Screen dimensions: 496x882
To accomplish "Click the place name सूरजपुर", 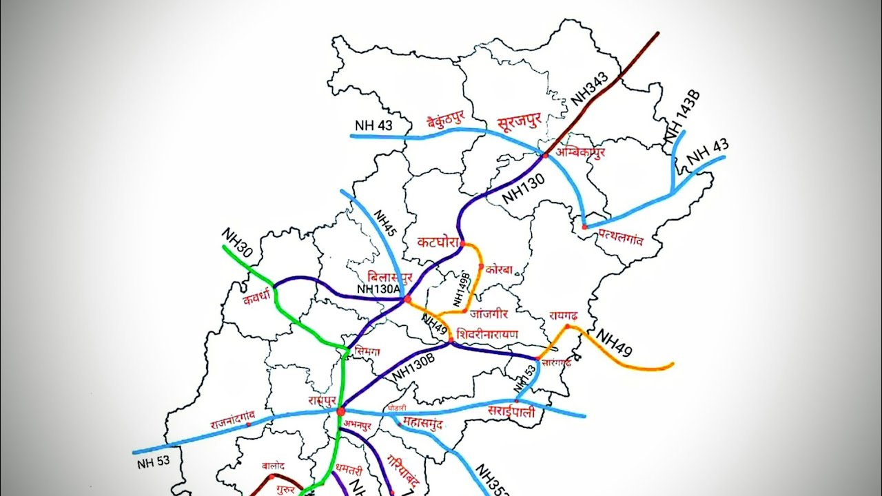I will pyautogui.click(x=520, y=123).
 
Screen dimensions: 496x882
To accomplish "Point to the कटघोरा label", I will pyautogui.click(x=440, y=242).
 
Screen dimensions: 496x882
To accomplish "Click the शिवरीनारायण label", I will pyautogui.click(x=487, y=334).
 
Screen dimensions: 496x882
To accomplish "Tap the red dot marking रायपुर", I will pyautogui.click(x=340, y=411).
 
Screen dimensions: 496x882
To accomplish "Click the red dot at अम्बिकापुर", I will pyautogui.click(x=545, y=156).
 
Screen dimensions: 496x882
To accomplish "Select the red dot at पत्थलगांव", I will pyautogui.click(x=584, y=226).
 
